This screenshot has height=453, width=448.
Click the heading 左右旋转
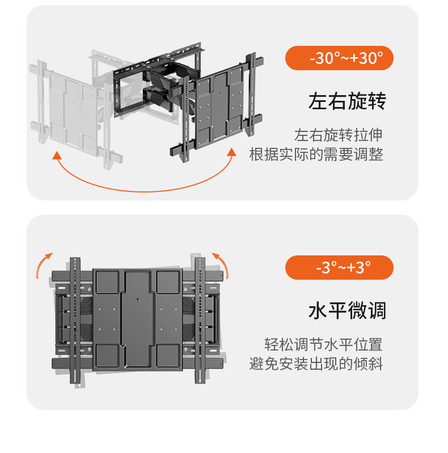[347, 102]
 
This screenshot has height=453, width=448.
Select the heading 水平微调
[347, 311]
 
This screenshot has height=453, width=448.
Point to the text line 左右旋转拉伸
[338, 135]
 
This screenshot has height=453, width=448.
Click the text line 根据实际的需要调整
[316, 154]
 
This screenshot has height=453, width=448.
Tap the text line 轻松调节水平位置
[324, 344]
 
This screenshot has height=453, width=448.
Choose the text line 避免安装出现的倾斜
[316, 364]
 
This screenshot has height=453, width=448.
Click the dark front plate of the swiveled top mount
[220, 105]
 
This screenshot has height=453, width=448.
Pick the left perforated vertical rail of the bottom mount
[76, 323]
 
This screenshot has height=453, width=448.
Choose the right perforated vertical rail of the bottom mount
[200, 323]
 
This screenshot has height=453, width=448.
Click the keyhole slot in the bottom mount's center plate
[138, 295]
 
